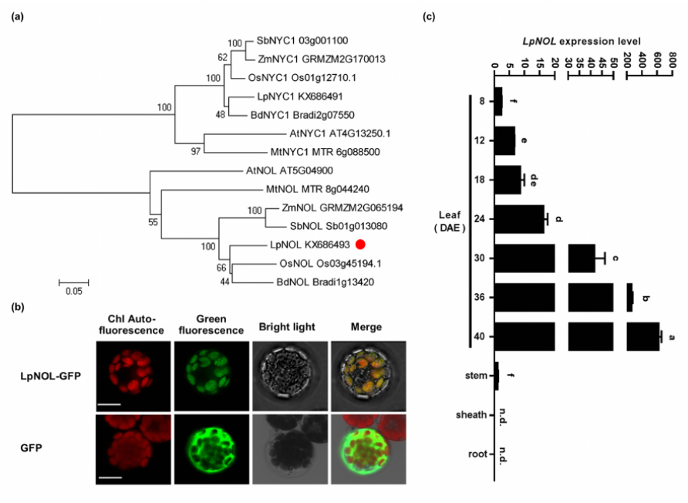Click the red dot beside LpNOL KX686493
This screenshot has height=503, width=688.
click(x=360, y=245)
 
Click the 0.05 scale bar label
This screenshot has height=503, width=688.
click(x=74, y=292)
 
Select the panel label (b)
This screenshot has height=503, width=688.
click(x=18, y=306)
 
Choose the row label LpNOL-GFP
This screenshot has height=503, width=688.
click(x=52, y=374)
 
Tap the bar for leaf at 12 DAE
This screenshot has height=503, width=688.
click(x=504, y=141)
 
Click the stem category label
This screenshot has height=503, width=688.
click(x=476, y=376)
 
